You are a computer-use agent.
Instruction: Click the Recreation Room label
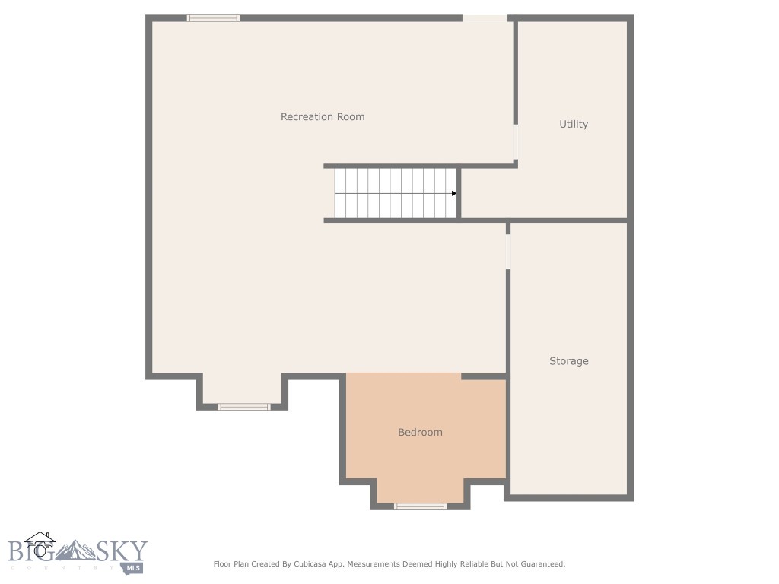coord(323,116)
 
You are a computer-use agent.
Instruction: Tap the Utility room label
coord(574,124)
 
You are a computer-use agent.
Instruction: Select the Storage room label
coord(569,361)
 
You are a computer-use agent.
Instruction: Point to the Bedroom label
coord(420,432)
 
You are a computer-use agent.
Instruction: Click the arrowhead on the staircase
coord(453,193)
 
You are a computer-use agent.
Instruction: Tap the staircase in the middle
coord(396,193)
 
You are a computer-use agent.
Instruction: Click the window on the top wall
coord(213,18)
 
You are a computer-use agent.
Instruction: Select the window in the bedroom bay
coord(420,506)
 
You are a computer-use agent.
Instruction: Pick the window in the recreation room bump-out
coord(244,407)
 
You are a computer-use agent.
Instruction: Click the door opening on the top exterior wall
coord(485,17)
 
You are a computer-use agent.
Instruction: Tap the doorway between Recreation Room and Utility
coord(516,141)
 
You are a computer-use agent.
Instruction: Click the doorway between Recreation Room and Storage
coord(507,251)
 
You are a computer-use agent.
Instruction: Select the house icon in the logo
coord(40,544)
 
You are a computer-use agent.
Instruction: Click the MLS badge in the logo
coord(135,567)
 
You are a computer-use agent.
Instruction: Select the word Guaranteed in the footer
coord(539,564)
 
